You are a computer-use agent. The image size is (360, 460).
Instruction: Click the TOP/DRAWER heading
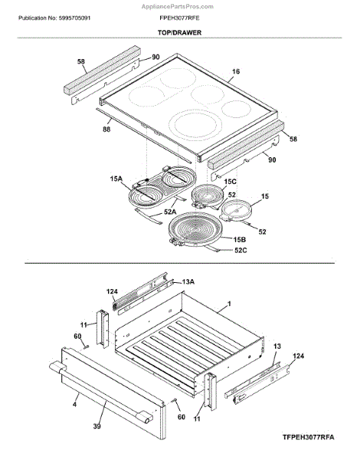(x=179, y=32)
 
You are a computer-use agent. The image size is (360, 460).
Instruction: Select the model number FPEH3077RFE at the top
(x=179, y=18)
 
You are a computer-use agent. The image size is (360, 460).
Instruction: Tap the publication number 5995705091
(x=74, y=18)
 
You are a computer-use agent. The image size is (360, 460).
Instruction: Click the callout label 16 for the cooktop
(x=236, y=71)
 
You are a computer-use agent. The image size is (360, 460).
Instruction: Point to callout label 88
(x=106, y=129)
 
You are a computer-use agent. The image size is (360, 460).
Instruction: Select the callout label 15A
(x=116, y=179)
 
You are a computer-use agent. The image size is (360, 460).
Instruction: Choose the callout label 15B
(x=240, y=239)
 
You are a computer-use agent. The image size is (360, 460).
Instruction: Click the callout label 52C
(x=241, y=250)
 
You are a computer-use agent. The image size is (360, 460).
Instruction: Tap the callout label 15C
(x=230, y=182)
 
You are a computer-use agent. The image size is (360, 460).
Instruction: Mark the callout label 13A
(x=188, y=281)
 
